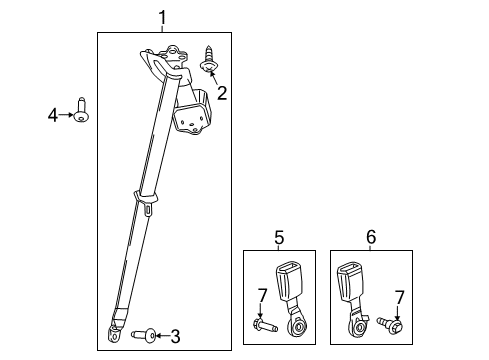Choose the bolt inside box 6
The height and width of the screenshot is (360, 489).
[x=392, y=324]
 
